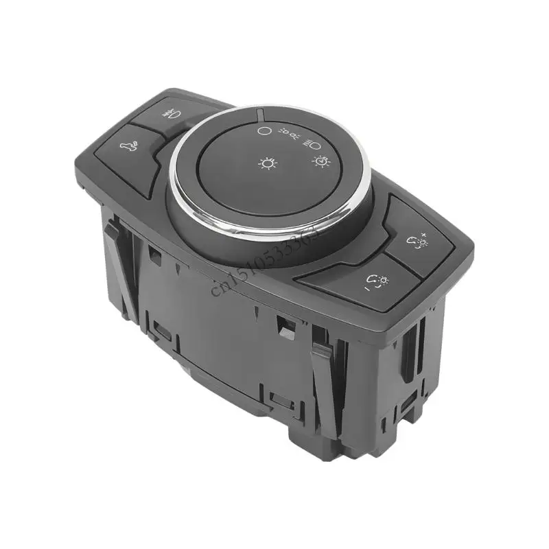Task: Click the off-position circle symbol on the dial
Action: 261,129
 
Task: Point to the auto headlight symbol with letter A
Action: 319,162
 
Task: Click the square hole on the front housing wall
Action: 283,328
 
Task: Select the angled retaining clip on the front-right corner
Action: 325,381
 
